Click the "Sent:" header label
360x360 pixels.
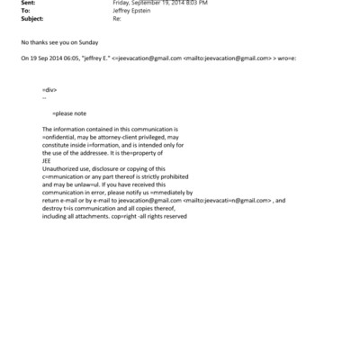(29, 3)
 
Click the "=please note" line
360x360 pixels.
(69, 113)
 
